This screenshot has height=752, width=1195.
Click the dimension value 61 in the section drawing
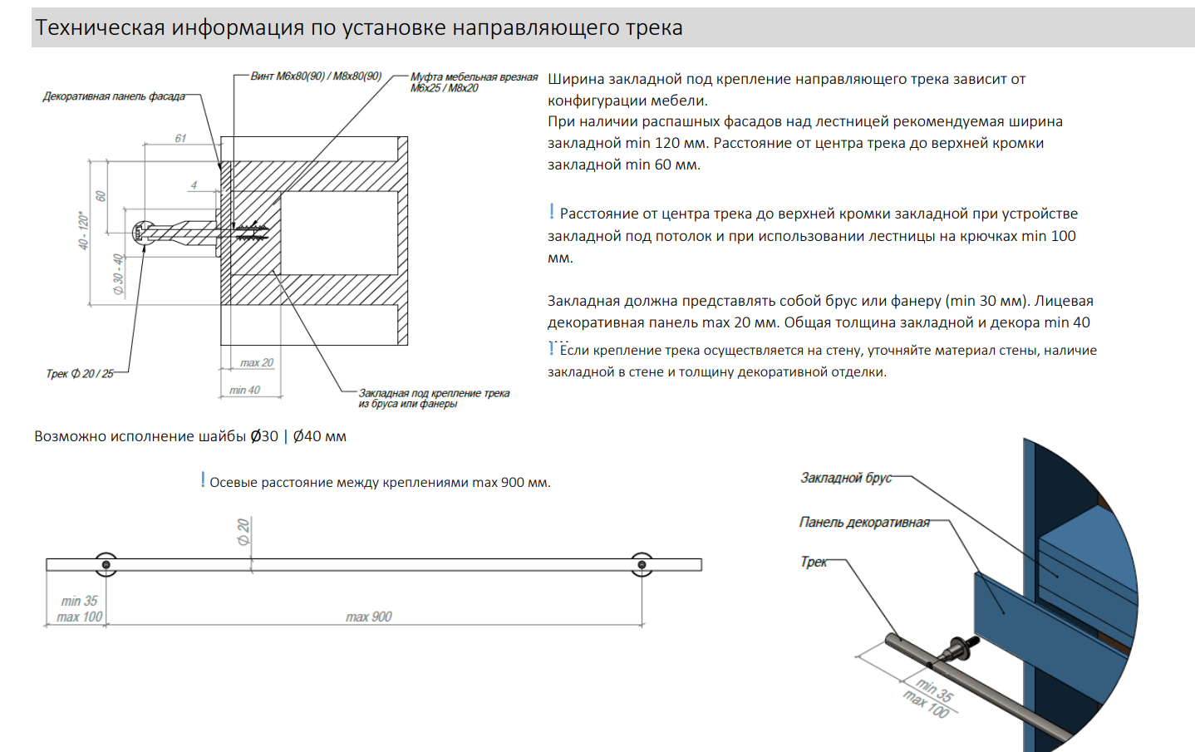click(x=180, y=138)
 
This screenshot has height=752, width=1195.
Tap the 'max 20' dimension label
click(x=257, y=363)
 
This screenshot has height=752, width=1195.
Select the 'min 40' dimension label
click(x=245, y=390)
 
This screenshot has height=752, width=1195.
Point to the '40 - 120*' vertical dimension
click(x=83, y=230)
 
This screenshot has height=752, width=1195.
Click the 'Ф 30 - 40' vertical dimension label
click(x=119, y=274)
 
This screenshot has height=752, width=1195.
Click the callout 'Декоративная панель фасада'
click(x=114, y=96)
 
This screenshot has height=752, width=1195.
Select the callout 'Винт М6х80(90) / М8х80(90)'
click(x=316, y=76)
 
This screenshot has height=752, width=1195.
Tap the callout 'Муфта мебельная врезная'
click(x=474, y=77)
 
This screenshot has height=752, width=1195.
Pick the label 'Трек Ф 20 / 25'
click(x=80, y=374)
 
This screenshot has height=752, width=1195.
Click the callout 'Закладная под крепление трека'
click(x=434, y=393)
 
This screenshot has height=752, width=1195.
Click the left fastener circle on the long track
click(x=106, y=565)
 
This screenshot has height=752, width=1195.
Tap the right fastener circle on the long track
click(x=642, y=565)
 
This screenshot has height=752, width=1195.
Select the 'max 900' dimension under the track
click(x=369, y=617)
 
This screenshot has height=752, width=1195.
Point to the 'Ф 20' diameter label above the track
click(x=243, y=531)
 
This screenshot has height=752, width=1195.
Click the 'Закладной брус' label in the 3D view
click(x=845, y=478)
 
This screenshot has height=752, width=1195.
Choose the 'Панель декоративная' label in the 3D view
click(x=864, y=522)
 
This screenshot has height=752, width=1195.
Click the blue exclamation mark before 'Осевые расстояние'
click(x=203, y=480)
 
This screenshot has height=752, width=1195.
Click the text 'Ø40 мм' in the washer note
click(x=320, y=436)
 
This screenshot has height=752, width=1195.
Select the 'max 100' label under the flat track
click(x=80, y=617)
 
